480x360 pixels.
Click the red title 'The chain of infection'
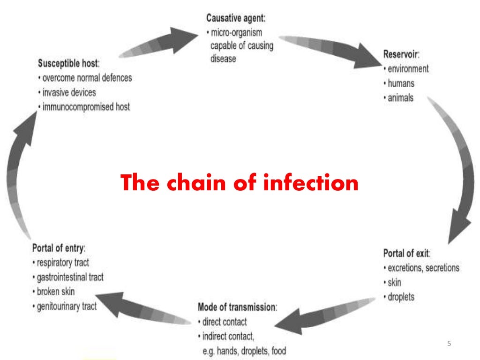240,183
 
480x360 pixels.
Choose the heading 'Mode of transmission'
237,307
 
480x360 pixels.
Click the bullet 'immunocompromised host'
86,107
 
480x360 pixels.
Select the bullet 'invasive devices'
68,92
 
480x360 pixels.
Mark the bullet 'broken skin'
55,292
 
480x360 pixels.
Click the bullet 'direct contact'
224,322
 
